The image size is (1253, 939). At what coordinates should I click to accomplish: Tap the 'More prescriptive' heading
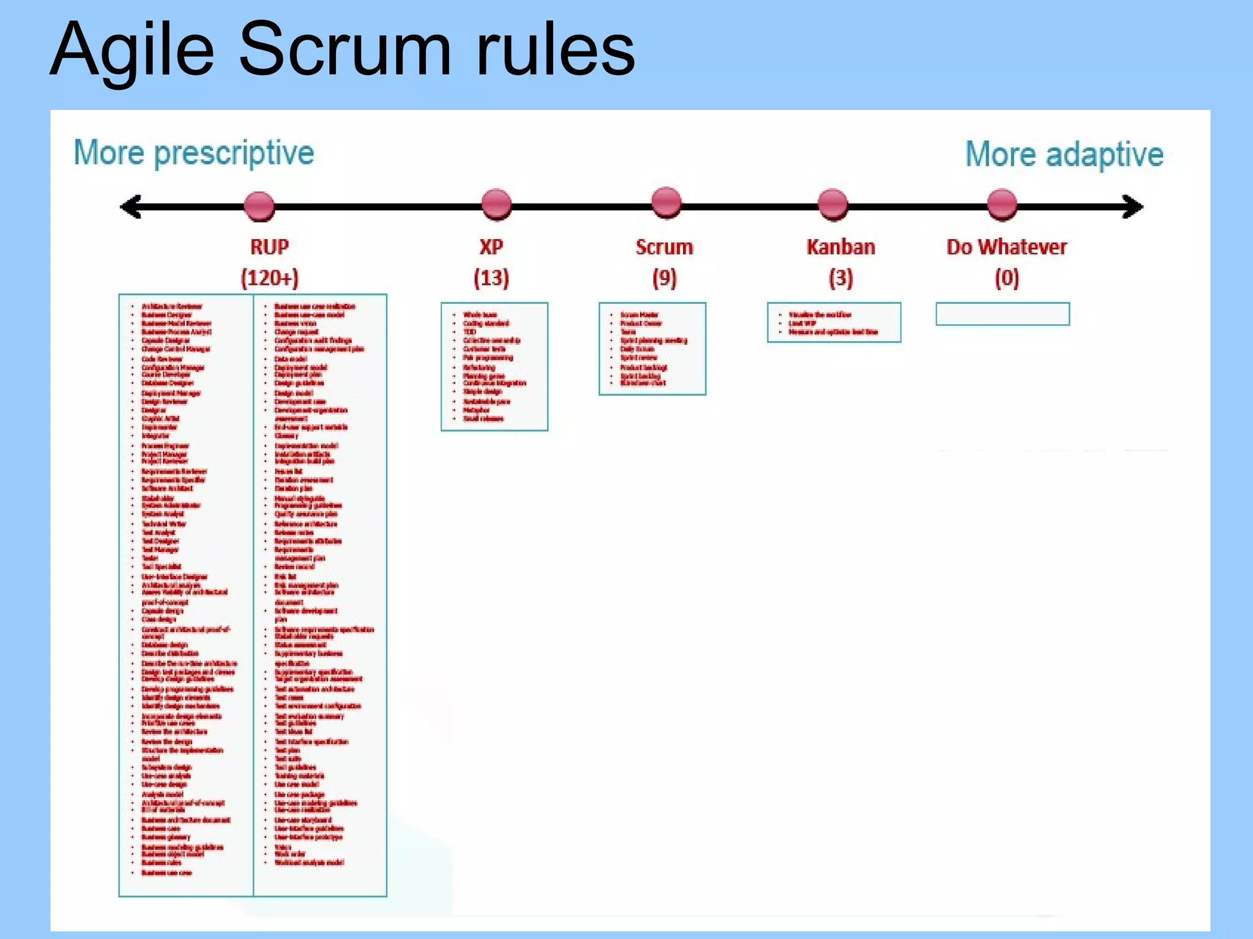pyautogui.click(x=194, y=153)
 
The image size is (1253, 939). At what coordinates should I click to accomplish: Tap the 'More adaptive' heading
pyautogui.click(x=1064, y=154)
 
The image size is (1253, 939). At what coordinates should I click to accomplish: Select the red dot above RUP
pyautogui.click(x=259, y=206)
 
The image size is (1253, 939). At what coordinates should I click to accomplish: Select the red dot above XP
pyautogui.click(x=496, y=204)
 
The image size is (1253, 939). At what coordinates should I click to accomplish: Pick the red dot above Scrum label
pyautogui.click(x=666, y=203)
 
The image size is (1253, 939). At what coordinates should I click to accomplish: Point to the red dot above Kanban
pyautogui.click(x=833, y=204)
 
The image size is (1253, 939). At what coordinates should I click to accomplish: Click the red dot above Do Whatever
pyautogui.click(x=1002, y=204)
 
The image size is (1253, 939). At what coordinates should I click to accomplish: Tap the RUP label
pyautogui.click(x=269, y=247)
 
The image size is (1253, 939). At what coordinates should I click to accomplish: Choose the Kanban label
pyautogui.click(x=841, y=247)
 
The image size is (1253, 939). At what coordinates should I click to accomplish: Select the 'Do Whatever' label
pyautogui.click(x=1006, y=247)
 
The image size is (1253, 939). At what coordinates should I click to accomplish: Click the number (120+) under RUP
pyautogui.click(x=269, y=278)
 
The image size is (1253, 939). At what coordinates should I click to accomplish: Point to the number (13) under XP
pyautogui.click(x=491, y=278)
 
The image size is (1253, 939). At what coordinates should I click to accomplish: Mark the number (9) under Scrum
pyautogui.click(x=664, y=278)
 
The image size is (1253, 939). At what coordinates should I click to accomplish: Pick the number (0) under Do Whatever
pyautogui.click(x=1006, y=278)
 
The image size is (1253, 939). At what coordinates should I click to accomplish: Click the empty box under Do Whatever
pyautogui.click(x=1003, y=314)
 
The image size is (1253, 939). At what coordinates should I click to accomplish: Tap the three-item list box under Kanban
pyautogui.click(x=834, y=323)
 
